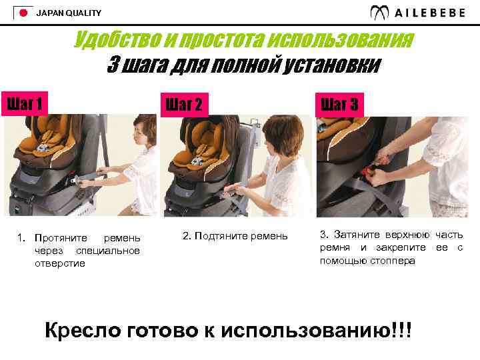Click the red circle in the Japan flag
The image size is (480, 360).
click(x=23, y=13)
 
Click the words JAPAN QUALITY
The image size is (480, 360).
click(x=69, y=13)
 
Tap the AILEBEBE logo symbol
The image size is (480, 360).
click(x=379, y=13)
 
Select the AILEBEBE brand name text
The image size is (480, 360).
click(x=430, y=13)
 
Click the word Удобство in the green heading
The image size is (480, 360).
click(x=117, y=40)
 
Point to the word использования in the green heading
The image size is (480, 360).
click(x=341, y=40)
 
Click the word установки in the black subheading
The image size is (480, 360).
click(x=331, y=65)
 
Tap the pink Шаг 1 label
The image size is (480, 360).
click(x=25, y=104)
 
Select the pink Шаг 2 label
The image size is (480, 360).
click(x=184, y=105)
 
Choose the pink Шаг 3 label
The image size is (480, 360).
click(x=339, y=105)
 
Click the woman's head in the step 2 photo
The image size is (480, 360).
click(x=283, y=134)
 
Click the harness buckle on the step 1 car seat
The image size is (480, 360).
click(x=41, y=148)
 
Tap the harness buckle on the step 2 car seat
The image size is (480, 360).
click(x=196, y=161)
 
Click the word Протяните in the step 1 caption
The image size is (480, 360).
click(x=61, y=238)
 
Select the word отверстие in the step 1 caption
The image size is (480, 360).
click(x=60, y=263)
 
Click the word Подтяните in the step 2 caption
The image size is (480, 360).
click(x=221, y=236)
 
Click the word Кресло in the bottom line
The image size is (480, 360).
click(x=83, y=330)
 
